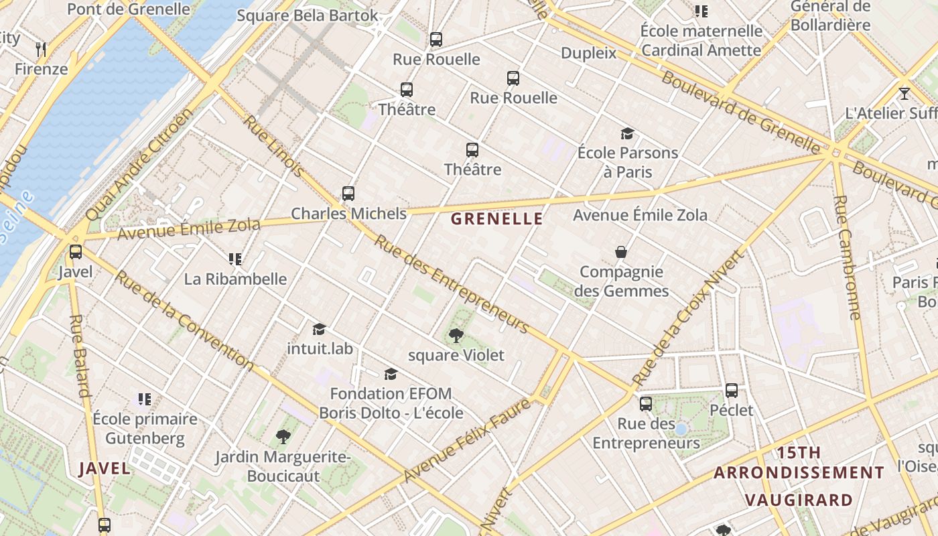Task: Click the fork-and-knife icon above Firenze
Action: pos(41,49)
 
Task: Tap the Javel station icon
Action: pos(76,252)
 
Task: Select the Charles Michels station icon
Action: pos(348,194)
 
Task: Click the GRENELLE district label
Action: pos(496,218)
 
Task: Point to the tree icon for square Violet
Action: pos(456,335)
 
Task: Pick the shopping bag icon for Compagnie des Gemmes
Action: pos(621,252)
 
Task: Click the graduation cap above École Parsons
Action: pos(627,133)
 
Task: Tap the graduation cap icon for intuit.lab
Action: pos(320,329)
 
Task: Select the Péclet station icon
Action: pos(732,390)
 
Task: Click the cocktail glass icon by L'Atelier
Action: pos(904,93)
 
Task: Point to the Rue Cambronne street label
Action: pos(848,257)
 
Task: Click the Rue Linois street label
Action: pos(273,146)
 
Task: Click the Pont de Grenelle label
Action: pos(129,9)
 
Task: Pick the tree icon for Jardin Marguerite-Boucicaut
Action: pos(283,438)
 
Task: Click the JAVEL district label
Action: pos(105,468)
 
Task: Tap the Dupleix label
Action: pos(588,53)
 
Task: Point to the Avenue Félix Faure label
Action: pos(468,440)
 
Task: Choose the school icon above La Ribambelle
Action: pos(234,259)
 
